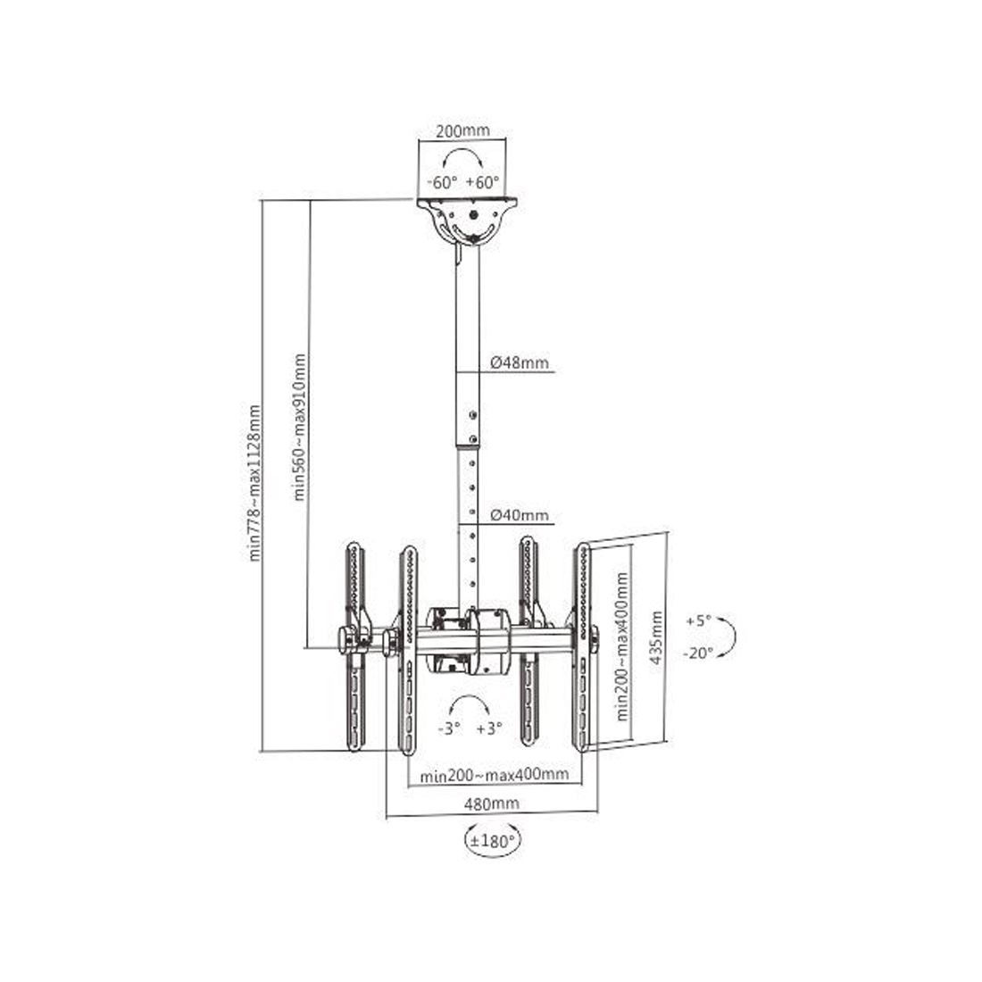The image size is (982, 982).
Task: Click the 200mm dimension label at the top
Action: click(462, 130)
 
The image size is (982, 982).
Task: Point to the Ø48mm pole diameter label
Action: click(520, 363)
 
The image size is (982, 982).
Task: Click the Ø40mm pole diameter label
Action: click(520, 515)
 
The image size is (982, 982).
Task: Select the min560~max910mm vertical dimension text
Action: click(300, 427)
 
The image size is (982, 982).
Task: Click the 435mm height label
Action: click(656, 637)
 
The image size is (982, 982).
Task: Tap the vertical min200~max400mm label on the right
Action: click(623, 645)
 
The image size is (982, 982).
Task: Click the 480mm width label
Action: click(491, 803)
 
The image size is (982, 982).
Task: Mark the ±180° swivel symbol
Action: click(492, 841)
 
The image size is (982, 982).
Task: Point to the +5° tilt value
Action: click(700, 620)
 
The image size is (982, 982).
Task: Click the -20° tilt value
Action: click(700, 653)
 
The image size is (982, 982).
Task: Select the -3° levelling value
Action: click(448, 728)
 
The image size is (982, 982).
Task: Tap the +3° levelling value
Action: click(490, 728)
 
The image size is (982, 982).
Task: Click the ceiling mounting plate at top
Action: click(470, 218)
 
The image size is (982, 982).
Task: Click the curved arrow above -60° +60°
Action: click(462, 158)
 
